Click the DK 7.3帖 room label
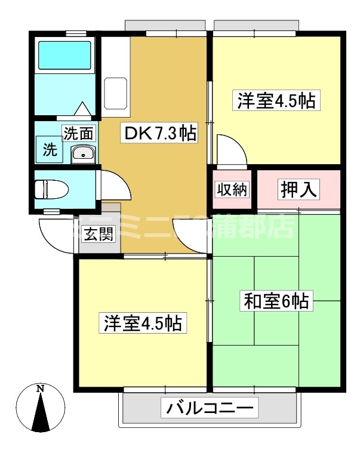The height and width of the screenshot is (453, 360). (159, 133)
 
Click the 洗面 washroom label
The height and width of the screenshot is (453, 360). (79, 133)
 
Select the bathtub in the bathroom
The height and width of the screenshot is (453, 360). (65, 56)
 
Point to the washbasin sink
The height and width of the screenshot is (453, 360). (81, 155)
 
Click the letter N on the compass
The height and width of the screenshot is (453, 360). (41, 389)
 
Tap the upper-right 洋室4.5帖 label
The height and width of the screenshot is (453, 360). (276, 100)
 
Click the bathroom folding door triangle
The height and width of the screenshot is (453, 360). (81, 110)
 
